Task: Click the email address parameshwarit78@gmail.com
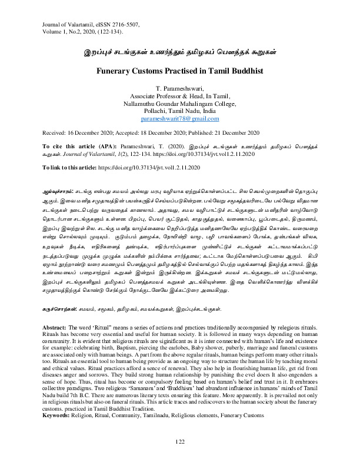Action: click(180, 118)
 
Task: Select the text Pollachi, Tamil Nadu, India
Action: click(180, 111)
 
